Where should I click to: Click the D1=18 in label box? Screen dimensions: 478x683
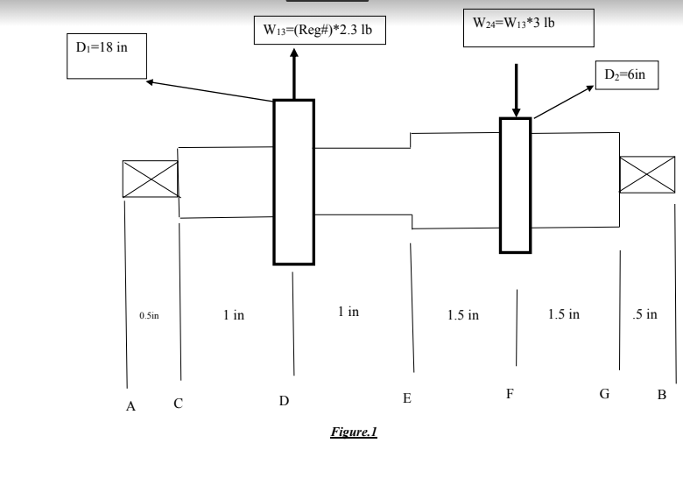[106, 56]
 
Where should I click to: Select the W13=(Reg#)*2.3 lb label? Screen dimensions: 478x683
[320, 31]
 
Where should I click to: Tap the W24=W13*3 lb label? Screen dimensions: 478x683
[528, 26]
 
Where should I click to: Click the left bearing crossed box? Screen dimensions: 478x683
[150, 179]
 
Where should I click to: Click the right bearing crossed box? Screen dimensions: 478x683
[647, 174]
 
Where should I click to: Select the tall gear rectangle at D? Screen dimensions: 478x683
[293, 181]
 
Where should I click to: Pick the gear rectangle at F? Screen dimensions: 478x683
[515, 185]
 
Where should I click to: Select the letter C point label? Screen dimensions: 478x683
[178, 404]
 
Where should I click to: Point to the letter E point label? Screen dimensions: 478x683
[406, 398]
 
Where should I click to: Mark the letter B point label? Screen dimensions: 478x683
[661, 395]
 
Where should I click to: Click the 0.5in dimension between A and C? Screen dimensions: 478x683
[150, 315]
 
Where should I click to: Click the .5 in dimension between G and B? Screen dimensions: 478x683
[645, 314]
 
